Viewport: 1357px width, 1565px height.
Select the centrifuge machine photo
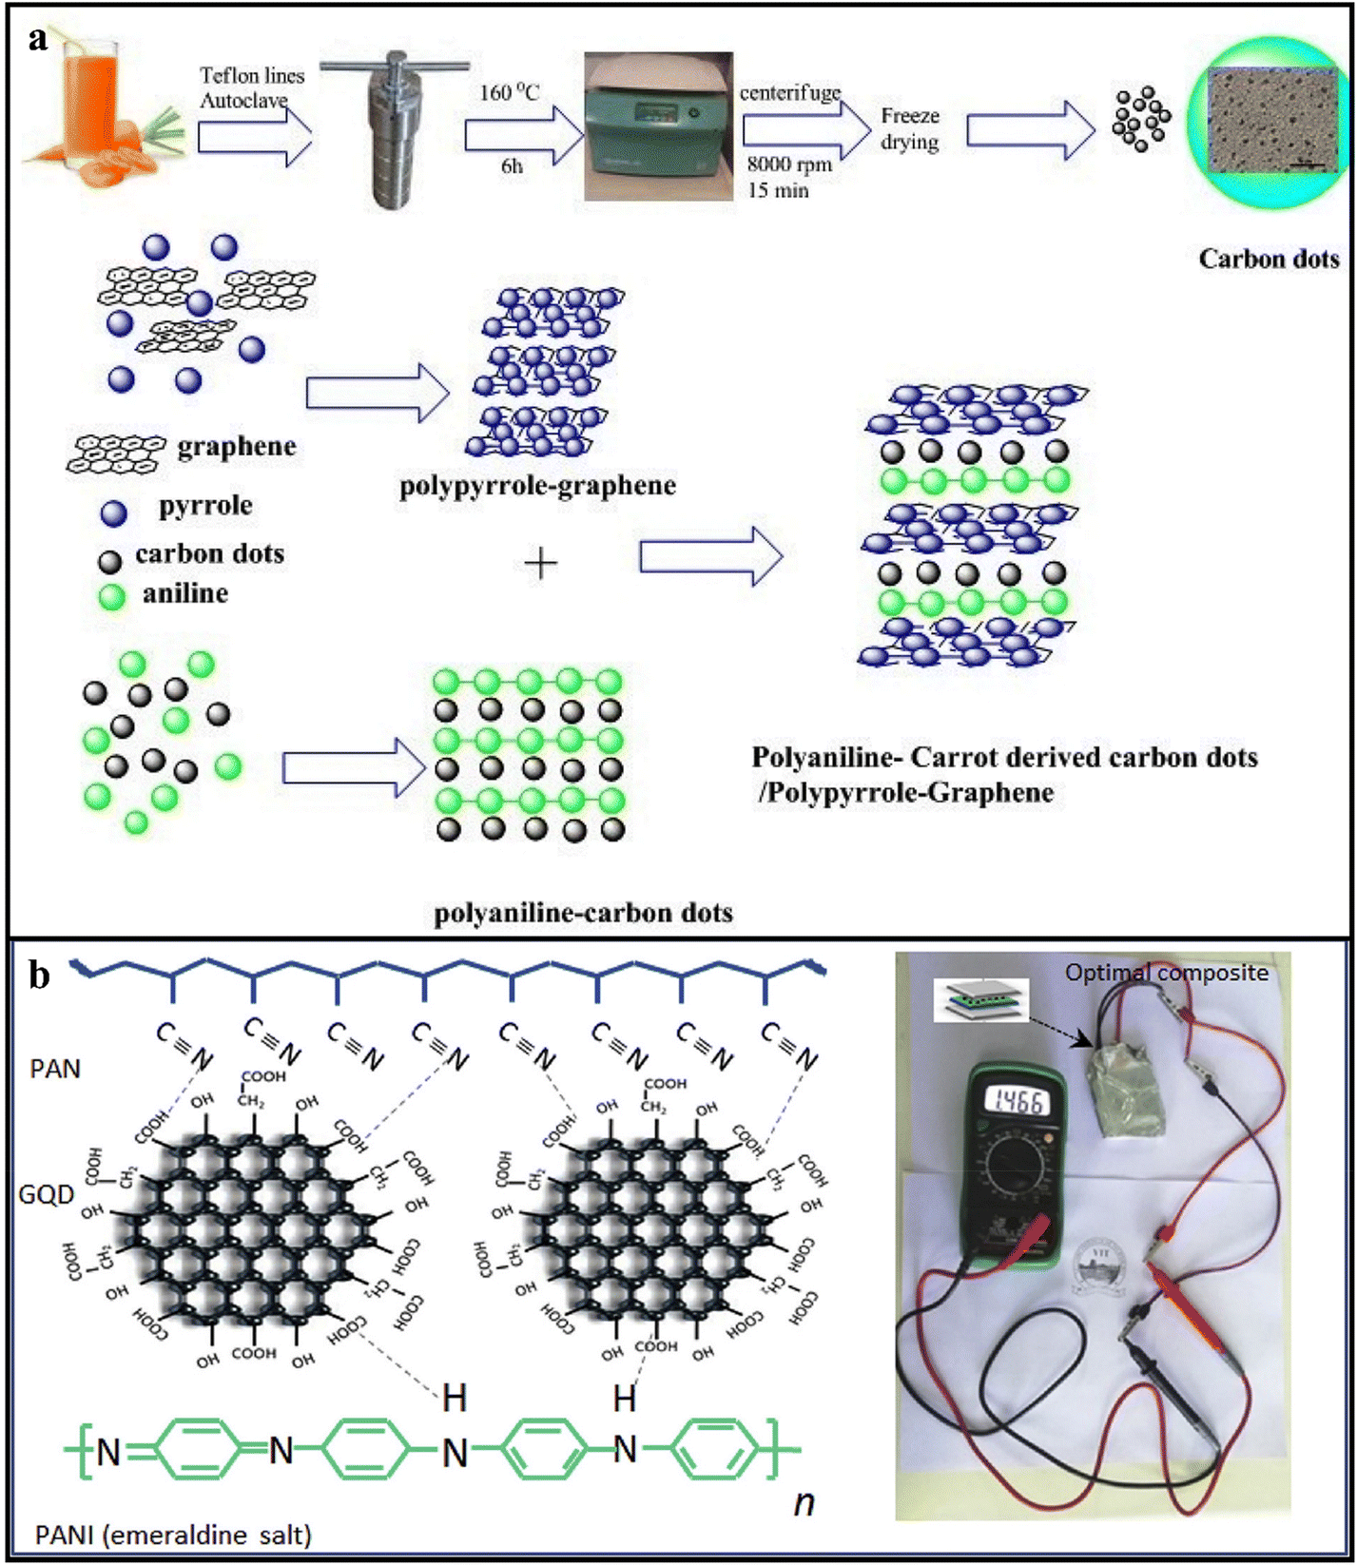[x=658, y=126]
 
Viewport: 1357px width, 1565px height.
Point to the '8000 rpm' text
[x=788, y=164]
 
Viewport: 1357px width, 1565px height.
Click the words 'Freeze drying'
[x=909, y=128]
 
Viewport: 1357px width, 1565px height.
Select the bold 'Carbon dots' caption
[x=1268, y=259]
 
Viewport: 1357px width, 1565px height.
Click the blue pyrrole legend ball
[x=114, y=513]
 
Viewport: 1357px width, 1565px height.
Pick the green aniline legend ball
[x=112, y=597]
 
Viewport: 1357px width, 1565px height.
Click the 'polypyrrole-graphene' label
[x=537, y=486]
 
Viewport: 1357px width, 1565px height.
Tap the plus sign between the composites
[x=540, y=564]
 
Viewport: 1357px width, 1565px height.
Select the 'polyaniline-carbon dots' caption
[x=583, y=913]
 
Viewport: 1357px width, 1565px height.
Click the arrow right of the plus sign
[x=711, y=556]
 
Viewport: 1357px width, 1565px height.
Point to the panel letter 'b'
[x=39, y=975]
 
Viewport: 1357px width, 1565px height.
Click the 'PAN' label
[x=55, y=1069]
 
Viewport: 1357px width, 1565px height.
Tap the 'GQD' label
[x=46, y=1194]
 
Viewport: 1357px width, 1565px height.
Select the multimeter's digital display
[x=1018, y=1101]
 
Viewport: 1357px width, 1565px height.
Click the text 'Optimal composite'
[x=1166, y=973]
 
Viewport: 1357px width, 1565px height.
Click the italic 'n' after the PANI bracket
[x=804, y=1503]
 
